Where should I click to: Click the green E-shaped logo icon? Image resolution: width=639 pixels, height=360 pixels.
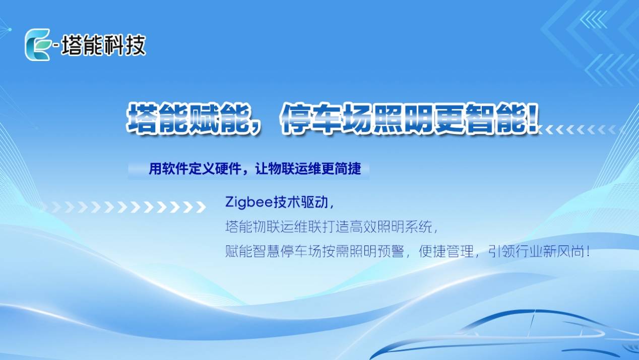pyautogui.click(x=38, y=44)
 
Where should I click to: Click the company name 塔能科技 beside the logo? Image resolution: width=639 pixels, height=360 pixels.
pyautogui.click(x=103, y=45)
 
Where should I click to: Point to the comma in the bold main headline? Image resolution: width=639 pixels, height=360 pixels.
pyautogui.click(x=256, y=129)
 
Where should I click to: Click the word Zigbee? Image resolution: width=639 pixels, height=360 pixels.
pyautogui.click(x=249, y=203)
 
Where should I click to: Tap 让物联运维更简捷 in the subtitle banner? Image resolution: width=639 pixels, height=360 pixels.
pyautogui.click(x=308, y=169)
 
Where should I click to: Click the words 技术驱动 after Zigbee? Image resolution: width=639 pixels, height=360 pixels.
pyautogui.click(x=301, y=202)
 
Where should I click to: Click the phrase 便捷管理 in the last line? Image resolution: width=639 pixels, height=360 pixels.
pyautogui.click(x=446, y=252)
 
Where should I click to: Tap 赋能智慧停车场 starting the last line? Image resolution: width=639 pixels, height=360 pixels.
pyautogui.click(x=273, y=252)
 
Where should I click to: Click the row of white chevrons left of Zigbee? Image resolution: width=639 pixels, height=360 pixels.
pyautogui.click(x=125, y=207)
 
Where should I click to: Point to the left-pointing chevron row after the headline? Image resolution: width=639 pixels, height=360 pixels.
pyautogui.click(x=582, y=130)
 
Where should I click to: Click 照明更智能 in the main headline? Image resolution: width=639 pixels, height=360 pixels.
pyautogui.click(x=450, y=118)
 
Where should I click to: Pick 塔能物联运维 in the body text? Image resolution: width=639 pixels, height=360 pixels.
pyautogui.click(x=266, y=227)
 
